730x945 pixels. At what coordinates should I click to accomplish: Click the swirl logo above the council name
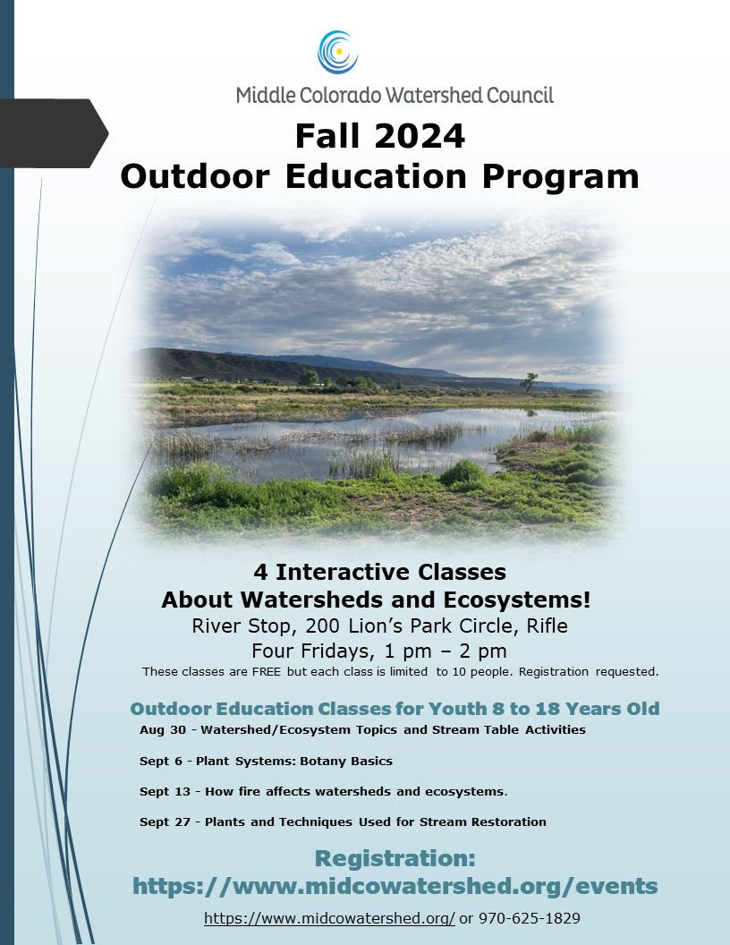pos(338,52)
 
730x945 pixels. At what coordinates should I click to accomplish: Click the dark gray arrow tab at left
pos(54,133)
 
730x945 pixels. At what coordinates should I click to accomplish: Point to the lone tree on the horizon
pos(530,381)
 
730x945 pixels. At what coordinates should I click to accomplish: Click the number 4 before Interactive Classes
pos(260,572)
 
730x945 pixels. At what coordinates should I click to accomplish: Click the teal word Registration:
pos(395,859)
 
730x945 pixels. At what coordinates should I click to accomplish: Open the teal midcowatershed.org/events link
pos(395,886)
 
